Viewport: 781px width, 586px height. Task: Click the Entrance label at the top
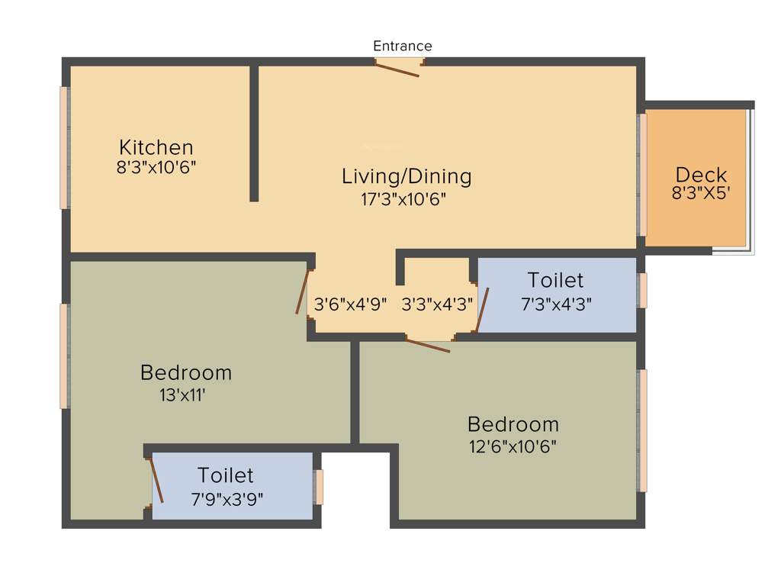(402, 46)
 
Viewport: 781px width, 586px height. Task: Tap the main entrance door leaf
(397, 69)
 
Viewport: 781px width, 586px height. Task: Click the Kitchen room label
(156, 146)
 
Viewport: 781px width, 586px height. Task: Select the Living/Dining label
(407, 176)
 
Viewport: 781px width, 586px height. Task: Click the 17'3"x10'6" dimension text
(403, 199)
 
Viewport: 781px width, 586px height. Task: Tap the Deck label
(701, 174)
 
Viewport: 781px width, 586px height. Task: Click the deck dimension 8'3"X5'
(701, 194)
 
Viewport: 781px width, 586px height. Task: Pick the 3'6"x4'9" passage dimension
(351, 303)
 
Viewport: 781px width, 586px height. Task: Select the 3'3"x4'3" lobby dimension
(437, 303)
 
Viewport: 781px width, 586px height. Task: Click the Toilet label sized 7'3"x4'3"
(555, 280)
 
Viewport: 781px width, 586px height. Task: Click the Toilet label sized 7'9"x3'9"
(226, 475)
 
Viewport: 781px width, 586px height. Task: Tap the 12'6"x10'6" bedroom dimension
(513, 446)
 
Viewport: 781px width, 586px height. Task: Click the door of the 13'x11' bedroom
(304, 292)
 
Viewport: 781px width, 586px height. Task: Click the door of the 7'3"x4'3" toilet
(482, 310)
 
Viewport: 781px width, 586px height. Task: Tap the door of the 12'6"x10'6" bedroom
(428, 346)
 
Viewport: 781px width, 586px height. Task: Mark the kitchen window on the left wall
(65, 147)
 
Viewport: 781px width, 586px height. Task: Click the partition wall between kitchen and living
(254, 134)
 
